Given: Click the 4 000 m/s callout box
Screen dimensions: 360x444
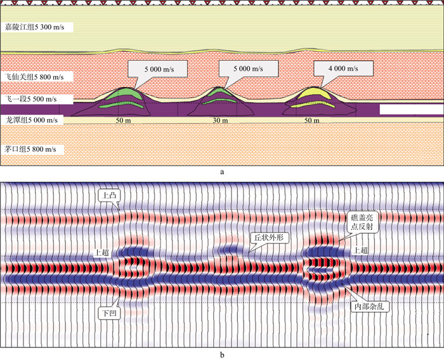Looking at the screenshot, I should point(332,67).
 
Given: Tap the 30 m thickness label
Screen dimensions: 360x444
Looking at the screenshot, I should point(219,120).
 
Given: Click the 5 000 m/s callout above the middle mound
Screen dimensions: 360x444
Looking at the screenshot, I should point(238,67).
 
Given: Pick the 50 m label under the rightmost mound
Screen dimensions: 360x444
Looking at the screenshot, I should point(310,120).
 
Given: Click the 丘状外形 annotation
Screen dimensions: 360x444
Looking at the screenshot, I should point(271,238).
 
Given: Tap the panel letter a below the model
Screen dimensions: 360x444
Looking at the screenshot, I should point(220,171).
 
